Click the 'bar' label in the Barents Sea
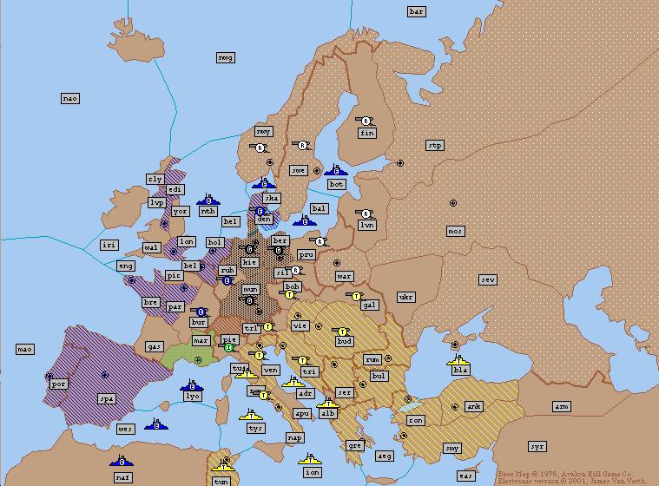(417, 11)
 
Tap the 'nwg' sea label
(226, 57)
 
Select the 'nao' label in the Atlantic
(70, 98)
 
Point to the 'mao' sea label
(25, 349)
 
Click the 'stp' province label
(435, 145)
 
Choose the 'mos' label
(455, 231)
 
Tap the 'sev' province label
(489, 279)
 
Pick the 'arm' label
(562, 406)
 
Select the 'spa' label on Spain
(106, 399)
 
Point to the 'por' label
(58, 383)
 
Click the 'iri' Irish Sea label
(109, 245)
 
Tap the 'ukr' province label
(405, 297)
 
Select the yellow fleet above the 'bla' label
(458, 358)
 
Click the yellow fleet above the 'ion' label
(311, 460)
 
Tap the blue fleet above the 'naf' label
(122, 459)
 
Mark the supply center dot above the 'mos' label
(452, 202)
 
